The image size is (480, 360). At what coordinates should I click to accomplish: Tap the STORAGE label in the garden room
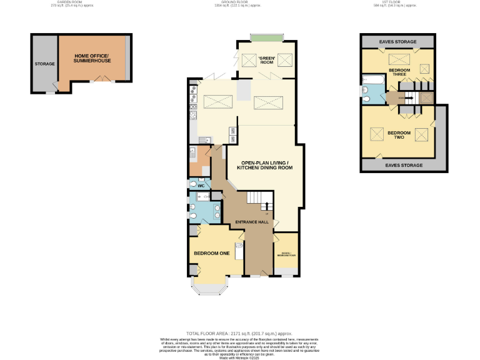44,64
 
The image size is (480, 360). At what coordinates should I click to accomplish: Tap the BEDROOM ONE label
211,253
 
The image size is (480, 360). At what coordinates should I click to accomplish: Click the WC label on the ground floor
201,186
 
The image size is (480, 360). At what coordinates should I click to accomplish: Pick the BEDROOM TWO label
398,134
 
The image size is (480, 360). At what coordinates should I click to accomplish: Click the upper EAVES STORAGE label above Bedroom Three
397,42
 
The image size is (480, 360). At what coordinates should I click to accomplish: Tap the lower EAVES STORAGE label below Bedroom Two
404,166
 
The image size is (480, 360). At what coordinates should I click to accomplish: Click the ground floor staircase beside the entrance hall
257,200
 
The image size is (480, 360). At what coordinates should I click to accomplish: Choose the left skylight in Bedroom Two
377,134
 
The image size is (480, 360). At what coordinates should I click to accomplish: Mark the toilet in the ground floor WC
193,186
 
